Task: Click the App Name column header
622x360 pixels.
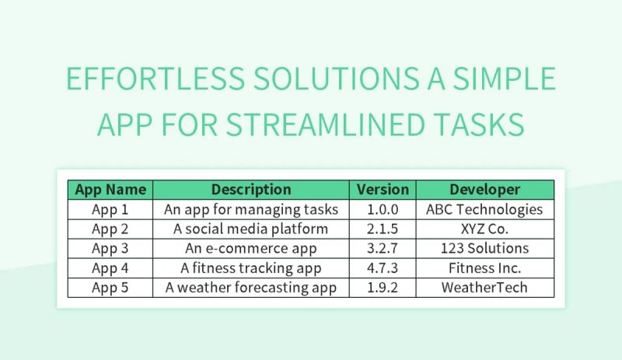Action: [x=110, y=190]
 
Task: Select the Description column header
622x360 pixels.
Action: [x=251, y=190]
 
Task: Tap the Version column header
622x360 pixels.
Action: [x=383, y=190]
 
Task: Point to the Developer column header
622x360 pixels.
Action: [x=484, y=190]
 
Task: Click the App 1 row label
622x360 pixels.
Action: [x=110, y=209]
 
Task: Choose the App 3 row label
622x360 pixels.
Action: [x=110, y=249]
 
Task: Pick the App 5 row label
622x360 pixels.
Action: [x=110, y=288]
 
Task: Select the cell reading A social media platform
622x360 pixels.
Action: [x=251, y=229]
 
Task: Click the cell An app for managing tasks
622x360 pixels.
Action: [x=251, y=209]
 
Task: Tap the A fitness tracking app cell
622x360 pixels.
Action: [x=251, y=268]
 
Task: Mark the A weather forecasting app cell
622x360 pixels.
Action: [x=251, y=288]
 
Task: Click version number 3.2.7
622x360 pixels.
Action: [x=383, y=249]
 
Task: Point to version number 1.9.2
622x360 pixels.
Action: [x=383, y=288]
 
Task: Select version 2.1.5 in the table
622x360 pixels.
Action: [x=383, y=229]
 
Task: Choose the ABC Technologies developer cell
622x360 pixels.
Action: [x=484, y=209]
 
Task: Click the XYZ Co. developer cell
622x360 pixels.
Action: [x=484, y=229]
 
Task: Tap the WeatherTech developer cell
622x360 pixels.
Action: [x=484, y=288]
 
